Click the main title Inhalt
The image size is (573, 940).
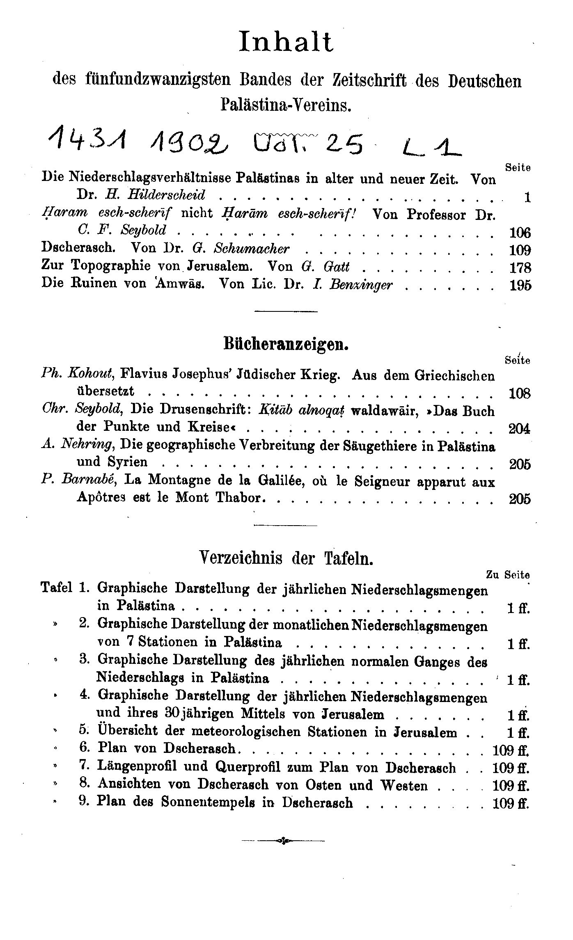tap(286, 42)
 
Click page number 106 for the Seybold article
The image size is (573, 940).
tap(520, 233)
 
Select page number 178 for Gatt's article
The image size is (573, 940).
tap(520, 268)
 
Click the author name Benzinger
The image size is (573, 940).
tap(362, 284)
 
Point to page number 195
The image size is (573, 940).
tap(520, 286)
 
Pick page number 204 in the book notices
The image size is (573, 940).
tap(519, 429)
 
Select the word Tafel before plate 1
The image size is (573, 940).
tap(56, 588)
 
